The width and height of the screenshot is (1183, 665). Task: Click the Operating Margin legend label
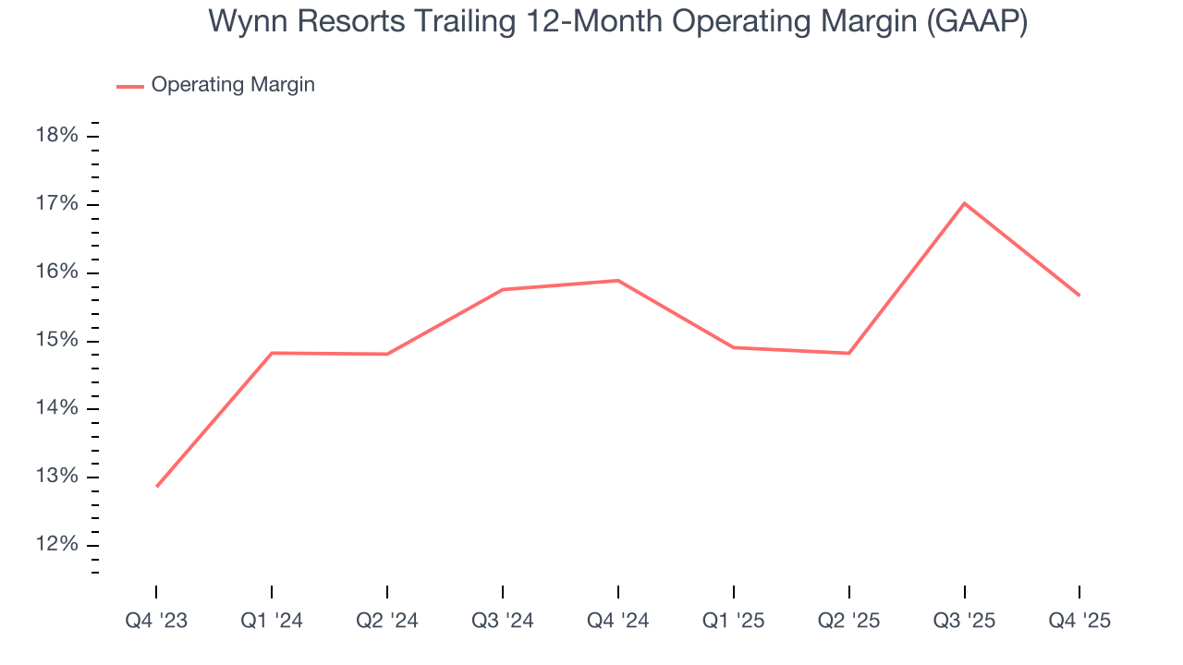[233, 85]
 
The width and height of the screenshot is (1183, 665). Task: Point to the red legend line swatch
[129, 86]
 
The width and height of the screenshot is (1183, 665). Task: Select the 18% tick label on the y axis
[56, 136]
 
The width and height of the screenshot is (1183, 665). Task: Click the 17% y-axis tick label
[56, 204]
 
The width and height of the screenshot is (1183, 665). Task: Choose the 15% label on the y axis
[56, 341]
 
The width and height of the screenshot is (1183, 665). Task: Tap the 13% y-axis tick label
[56, 477]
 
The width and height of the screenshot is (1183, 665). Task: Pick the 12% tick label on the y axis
[56, 545]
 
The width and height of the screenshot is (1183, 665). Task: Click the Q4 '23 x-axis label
[156, 621]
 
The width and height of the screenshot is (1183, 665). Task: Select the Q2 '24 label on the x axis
[387, 621]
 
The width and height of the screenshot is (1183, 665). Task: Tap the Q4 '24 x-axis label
[617, 621]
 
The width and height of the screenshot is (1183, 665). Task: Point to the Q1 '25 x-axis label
[733, 621]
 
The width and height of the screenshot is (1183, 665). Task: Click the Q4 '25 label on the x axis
[1079, 621]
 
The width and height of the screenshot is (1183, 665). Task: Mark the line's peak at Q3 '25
[964, 203]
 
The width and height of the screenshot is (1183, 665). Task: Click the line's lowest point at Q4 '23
[157, 486]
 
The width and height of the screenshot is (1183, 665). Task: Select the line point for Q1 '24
[272, 353]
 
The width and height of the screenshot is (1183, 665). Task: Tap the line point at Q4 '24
[617, 281]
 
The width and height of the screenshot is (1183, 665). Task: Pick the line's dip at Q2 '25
[848, 353]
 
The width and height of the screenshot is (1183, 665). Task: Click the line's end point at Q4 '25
[1079, 296]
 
